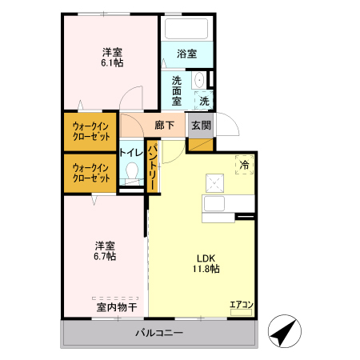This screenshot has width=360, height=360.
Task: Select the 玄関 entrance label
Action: tap(201, 126)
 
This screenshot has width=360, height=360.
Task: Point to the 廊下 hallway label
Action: tap(165, 126)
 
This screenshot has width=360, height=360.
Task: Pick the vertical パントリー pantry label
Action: tap(152, 166)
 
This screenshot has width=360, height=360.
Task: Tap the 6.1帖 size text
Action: tap(111, 62)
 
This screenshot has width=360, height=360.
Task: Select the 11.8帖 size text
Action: tap(206, 269)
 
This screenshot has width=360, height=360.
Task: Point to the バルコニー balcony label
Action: tap(158, 333)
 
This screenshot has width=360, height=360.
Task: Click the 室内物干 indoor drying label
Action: tap(117, 306)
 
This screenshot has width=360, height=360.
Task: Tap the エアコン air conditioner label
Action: tap(242, 304)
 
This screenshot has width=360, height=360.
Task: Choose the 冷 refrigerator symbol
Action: tap(245, 164)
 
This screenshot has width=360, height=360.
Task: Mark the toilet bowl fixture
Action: tap(132, 171)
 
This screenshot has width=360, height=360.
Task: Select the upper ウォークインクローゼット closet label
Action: tap(90, 130)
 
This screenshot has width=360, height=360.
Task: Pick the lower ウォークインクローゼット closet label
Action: tap(90, 172)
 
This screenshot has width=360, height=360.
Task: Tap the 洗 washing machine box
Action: tap(204, 101)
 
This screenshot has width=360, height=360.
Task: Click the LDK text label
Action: tap(206, 258)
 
